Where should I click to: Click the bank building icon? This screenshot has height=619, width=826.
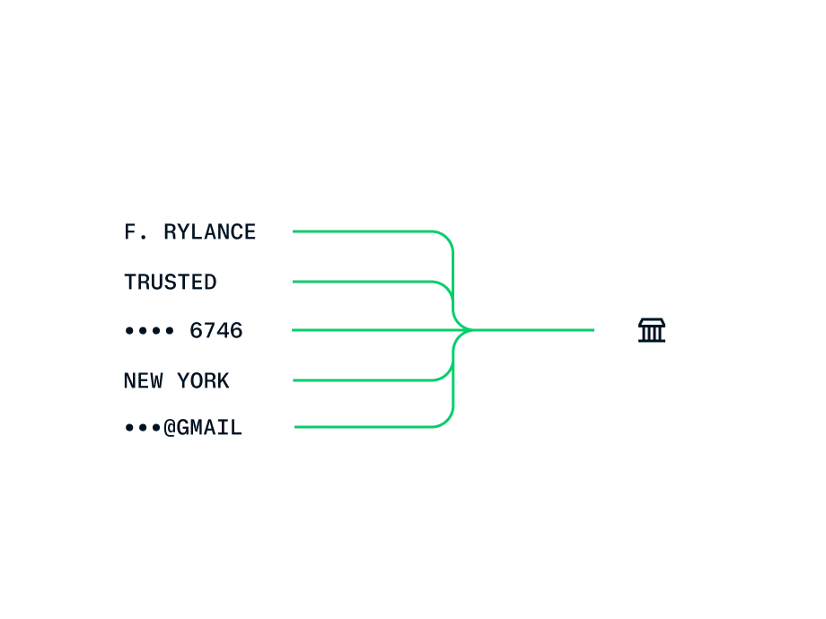tap(652, 330)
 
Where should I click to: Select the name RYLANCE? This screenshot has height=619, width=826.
tap(210, 232)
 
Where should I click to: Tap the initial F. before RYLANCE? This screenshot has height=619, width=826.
tap(136, 232)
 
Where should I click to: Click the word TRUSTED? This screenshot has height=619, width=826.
tap(171, 282)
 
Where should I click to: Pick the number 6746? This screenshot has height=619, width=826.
tap(216, 330)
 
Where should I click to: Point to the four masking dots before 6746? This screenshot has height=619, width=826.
tap(149, 331)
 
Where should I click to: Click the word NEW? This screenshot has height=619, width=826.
tap(144, 380)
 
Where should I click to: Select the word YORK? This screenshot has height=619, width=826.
tap(203, 380)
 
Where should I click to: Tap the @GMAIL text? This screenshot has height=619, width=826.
tap(203, 427)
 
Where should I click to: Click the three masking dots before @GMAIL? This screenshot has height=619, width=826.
tap(143, 428)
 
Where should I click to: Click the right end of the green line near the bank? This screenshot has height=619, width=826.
tap(594, 330)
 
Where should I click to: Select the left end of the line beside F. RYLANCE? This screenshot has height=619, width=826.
tap(293, 231)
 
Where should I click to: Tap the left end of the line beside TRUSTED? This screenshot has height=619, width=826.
tap(293, 282)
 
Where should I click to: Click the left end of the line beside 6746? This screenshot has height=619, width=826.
tap(293, 330)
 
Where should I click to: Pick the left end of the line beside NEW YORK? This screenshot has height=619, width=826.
tap(293, 380)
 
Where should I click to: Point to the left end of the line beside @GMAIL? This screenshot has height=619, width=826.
tap(294, 427)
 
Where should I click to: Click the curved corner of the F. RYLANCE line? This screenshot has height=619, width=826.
tap(447, 238)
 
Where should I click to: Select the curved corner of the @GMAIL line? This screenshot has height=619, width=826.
tap(447, 421)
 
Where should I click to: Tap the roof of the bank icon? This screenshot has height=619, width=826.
tap(652, 322)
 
